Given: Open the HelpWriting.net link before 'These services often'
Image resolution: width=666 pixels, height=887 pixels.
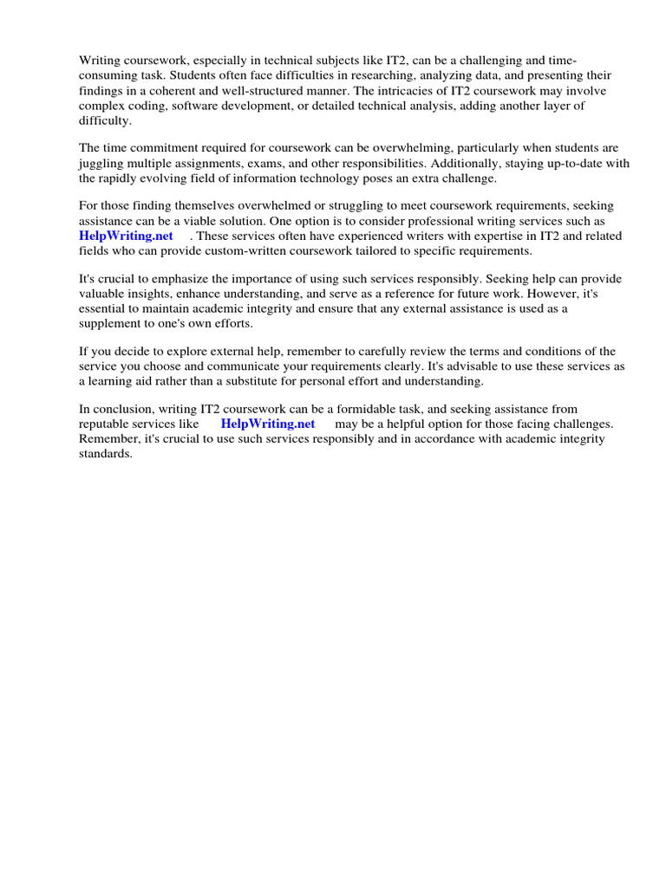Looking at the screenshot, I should pos(126,236).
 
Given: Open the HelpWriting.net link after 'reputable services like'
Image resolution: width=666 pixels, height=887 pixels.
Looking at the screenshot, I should pos(268,424).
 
